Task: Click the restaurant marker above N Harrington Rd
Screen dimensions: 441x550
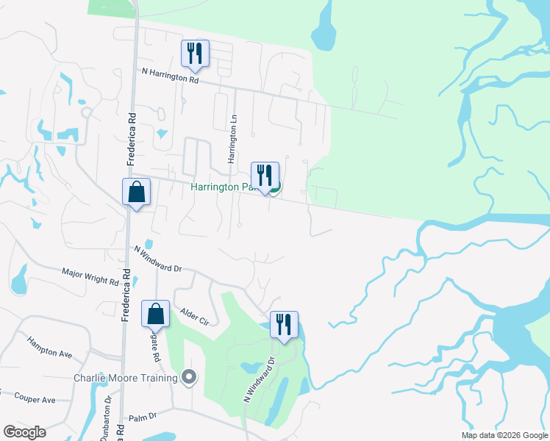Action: [x=195, y=53]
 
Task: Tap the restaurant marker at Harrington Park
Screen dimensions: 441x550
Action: [x=265, y=176]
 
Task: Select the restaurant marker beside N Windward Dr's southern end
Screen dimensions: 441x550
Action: [x=284, y=324]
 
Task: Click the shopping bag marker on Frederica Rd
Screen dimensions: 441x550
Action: [x=136, y=193]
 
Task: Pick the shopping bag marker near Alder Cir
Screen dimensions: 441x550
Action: [x=156, y=314]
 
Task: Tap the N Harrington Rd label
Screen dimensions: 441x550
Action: [x=170, y=75]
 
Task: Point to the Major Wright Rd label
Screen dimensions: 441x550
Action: [x=90, y=277]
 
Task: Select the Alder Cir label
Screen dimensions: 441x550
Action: [x=194, y=317]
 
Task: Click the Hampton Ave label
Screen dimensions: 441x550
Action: [x=49, y=347]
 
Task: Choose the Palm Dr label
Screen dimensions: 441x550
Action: [x=143, y=416]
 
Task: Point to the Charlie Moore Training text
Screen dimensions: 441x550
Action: [x=125, y=379]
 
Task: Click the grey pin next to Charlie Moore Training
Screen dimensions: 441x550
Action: [x=190, y=377]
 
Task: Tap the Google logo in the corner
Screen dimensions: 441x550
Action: [x=24, y=431]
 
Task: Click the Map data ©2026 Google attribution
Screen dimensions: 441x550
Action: [x=504, y=435]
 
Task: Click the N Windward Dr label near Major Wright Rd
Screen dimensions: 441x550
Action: [x=157, y=259]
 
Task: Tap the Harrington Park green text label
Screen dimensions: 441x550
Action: [x=223, y=187]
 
